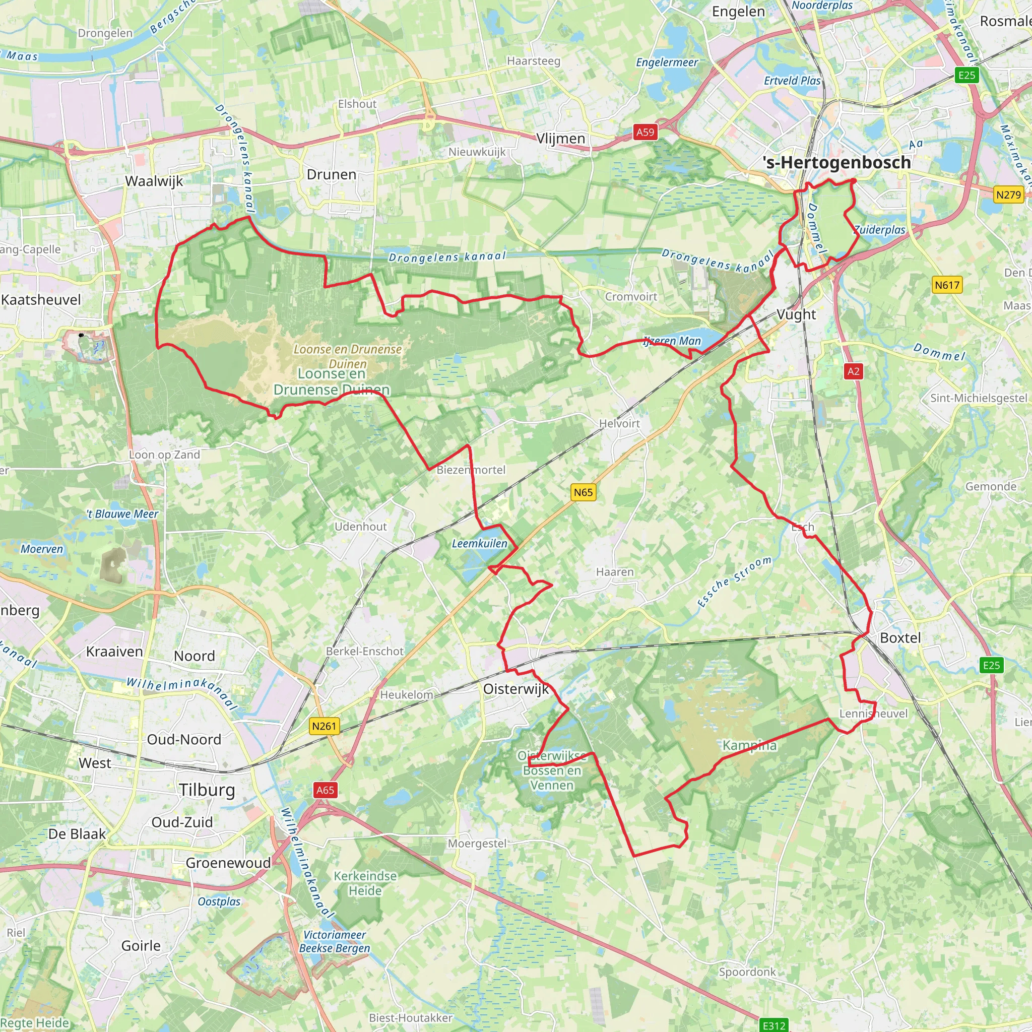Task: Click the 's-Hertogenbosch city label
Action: point(836,162)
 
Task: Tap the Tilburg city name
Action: point(207,790)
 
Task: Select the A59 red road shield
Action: point(644,132)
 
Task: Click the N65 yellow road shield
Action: point(583,492)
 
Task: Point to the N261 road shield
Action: point(324,726)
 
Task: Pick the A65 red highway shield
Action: point(325,790)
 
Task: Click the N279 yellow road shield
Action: point(1008,195)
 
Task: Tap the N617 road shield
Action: point(947,285)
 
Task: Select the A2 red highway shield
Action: point(854,371)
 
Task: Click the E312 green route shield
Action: point(774,1025)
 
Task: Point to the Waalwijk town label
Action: point(154,180)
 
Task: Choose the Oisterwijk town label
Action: point(515,688)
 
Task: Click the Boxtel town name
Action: point(900,637)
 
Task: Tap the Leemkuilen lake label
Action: point(479,543)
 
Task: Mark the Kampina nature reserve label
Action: point(749,745)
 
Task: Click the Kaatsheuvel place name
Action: point(41,299)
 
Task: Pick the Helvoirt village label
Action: point(619,423)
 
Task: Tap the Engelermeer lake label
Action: point(667,62)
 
